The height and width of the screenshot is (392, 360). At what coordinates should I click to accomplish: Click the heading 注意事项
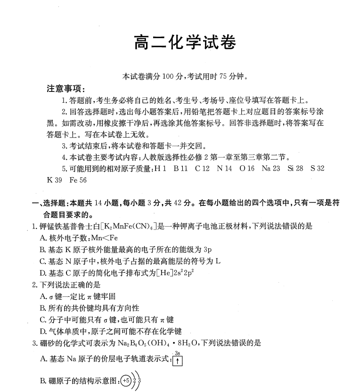point(65,89)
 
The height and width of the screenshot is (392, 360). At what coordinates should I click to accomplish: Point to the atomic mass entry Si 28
point(295,168)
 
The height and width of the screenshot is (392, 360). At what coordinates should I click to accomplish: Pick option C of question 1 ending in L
point(130,261)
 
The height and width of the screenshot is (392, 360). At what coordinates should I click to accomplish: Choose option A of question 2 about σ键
point(78,296)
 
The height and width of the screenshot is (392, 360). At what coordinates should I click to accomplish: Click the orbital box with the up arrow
point(178,361)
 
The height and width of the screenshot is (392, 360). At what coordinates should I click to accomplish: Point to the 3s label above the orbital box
point(178,353)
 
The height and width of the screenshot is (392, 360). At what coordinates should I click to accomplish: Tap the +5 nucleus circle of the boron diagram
point(126,380)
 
